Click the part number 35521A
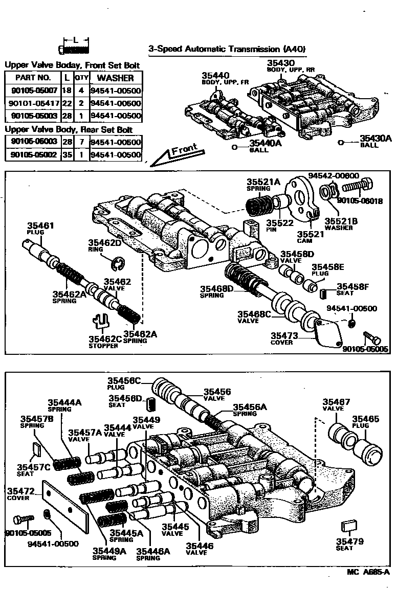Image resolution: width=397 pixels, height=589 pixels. (x=264, y=182)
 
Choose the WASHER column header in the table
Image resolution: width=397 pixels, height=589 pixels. (x=116, y=78)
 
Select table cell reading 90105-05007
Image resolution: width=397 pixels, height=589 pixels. (x=33, y=91)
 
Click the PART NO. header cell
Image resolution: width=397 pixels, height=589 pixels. (x=33, y=78)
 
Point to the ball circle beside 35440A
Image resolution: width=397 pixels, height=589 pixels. (x=235, y=147)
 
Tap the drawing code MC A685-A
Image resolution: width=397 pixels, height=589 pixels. (x=368, y=572)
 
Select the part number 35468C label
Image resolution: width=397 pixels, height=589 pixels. (x=254, y=313)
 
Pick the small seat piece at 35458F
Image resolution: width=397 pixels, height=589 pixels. (x=323, y=293)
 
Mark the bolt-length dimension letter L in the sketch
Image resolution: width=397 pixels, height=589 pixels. (x=75, y=39)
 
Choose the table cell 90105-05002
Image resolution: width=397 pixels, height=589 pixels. (x=33, y=154)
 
